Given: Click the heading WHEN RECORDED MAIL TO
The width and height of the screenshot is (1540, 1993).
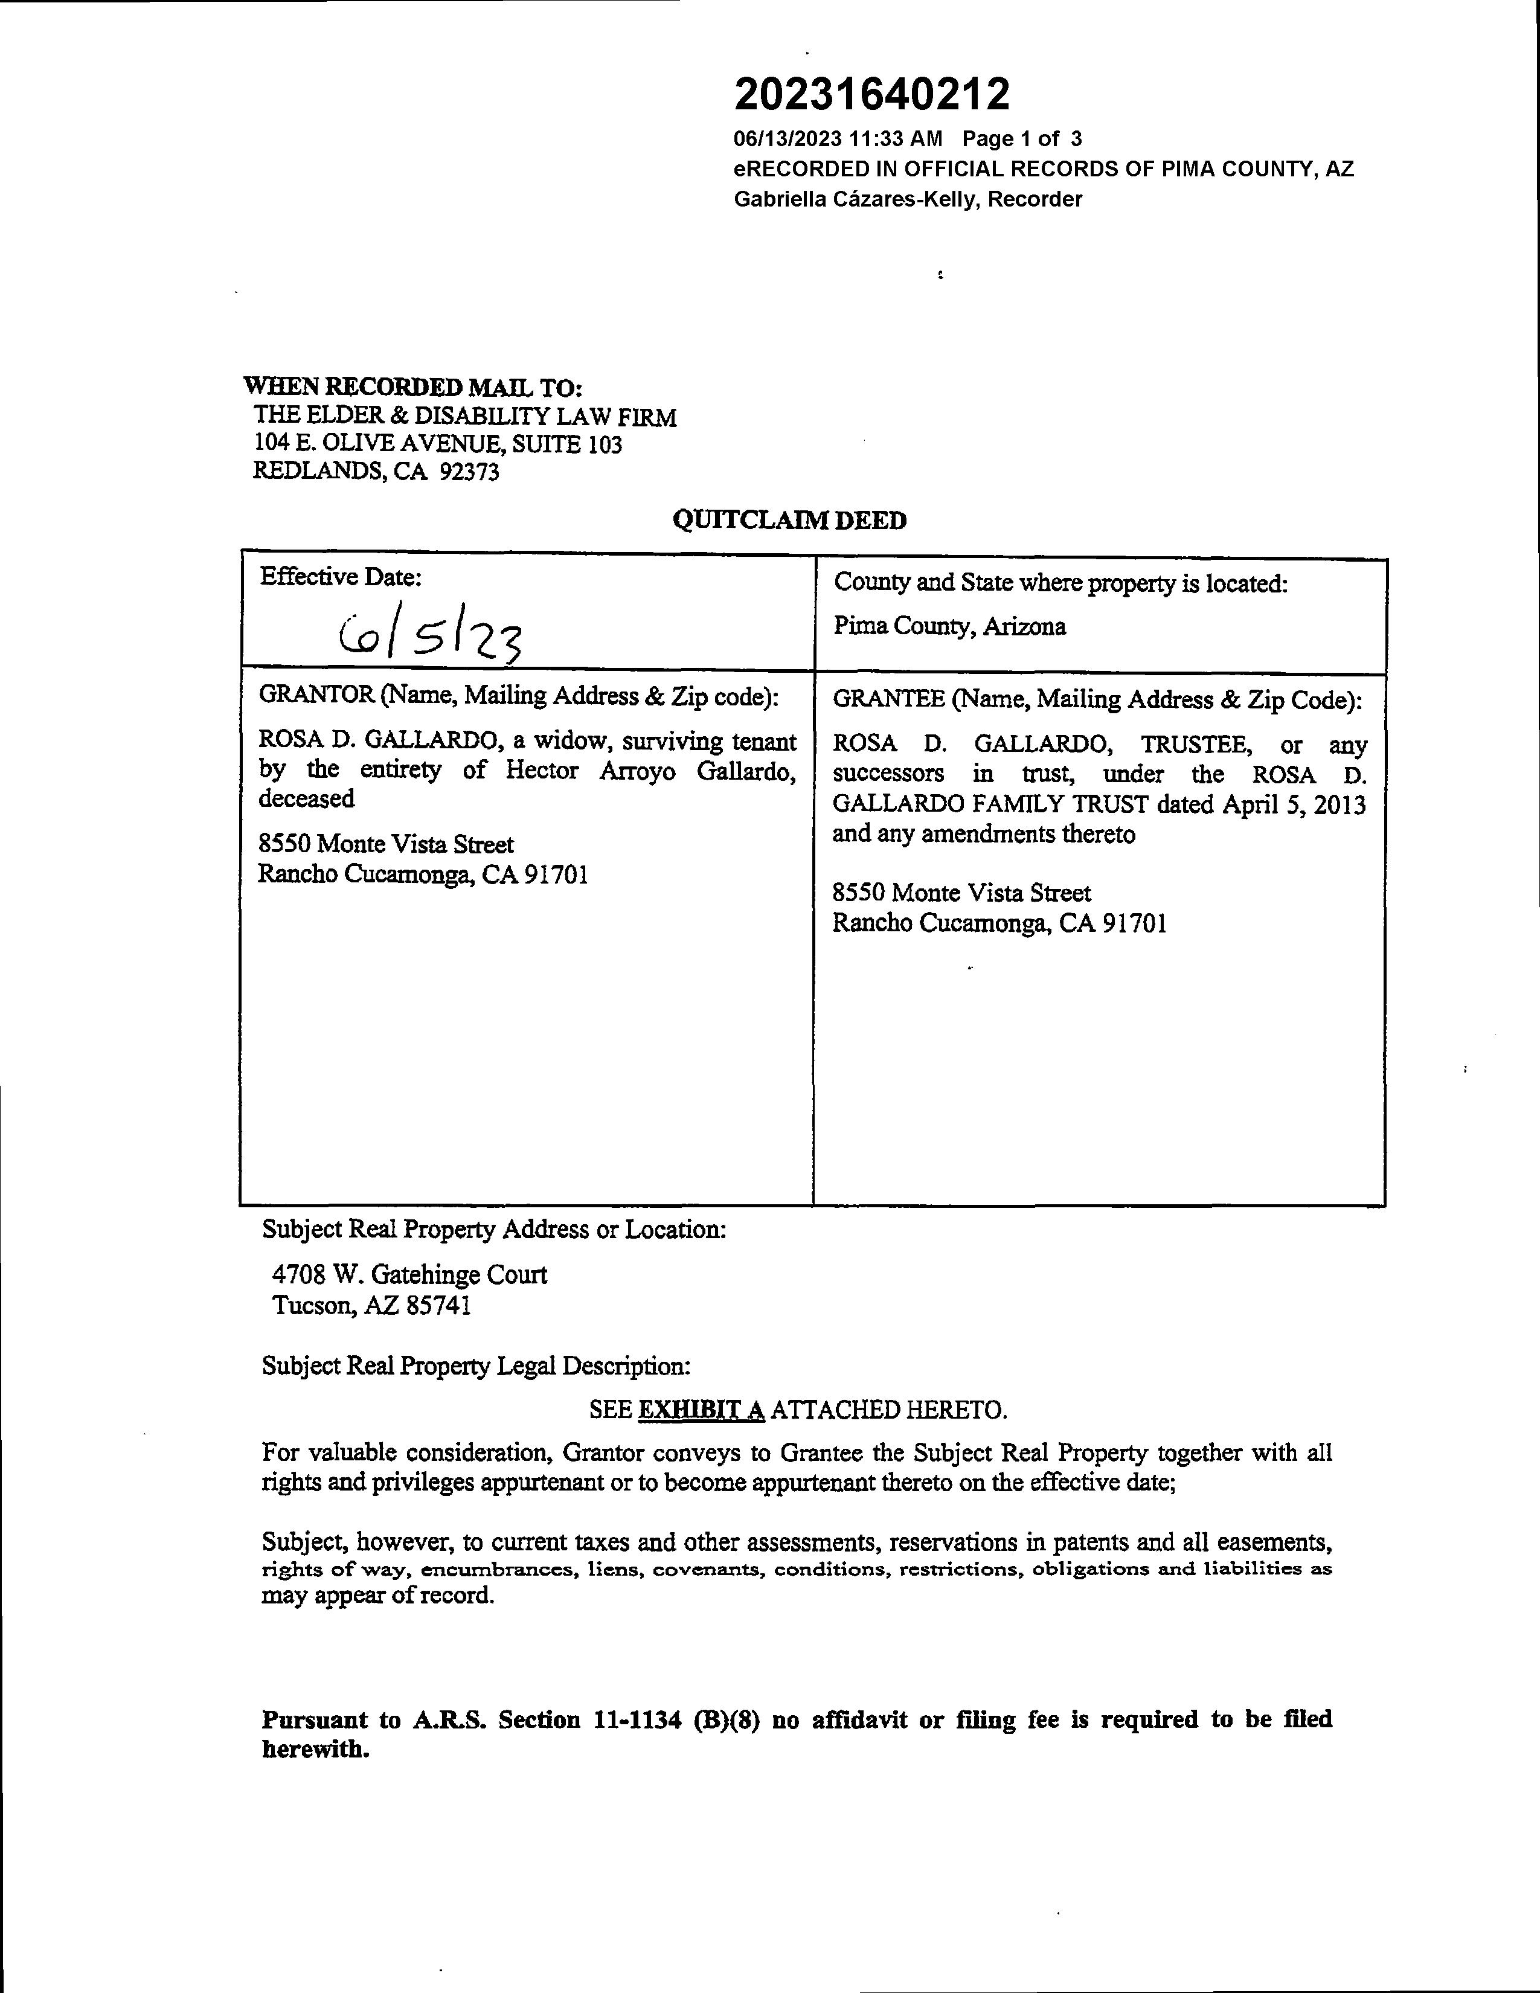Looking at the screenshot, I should (412, 387).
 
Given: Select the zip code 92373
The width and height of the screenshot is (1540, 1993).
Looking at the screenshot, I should (469, 472).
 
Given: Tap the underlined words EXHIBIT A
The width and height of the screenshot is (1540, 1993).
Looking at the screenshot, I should (701, 1410).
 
